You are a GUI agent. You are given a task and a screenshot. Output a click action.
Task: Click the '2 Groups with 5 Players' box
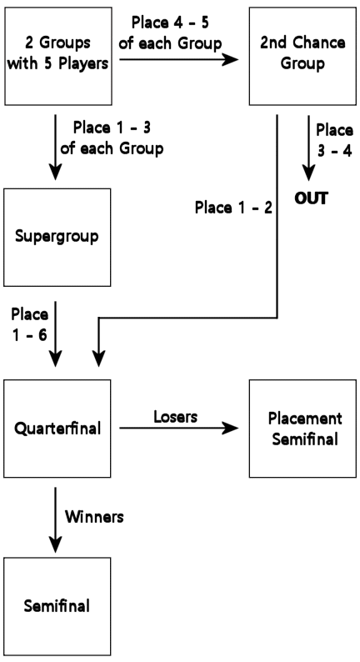click(58, 56)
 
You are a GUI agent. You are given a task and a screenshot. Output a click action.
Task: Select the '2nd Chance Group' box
click(302, 56)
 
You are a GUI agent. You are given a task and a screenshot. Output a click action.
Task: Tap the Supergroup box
click(57, 238)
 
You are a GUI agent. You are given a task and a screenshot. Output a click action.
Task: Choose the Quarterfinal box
click(57, 429)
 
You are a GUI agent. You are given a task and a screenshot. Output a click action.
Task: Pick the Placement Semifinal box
click(302, 429)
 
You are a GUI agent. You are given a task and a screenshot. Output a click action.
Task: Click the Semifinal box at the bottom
click(57, 607)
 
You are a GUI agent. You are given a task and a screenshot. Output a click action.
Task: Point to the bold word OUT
click(311, 198)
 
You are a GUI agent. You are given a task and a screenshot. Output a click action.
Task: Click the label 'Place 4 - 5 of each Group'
click(170, 33)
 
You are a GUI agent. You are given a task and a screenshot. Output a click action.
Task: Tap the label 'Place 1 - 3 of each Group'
click(112, 138)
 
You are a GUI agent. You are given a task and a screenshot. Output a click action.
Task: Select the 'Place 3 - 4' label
click(335, 141)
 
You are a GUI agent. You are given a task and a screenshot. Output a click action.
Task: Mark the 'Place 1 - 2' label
click(233, 208)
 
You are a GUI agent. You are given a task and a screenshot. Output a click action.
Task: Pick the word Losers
click(175, 417)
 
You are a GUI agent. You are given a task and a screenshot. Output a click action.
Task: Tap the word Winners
click(94, 517)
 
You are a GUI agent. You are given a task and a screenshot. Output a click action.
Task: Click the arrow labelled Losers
click(179, 429)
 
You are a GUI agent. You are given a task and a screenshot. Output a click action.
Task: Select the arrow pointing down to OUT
click(309, 148)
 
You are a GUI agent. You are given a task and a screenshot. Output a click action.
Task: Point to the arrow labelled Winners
click(55, 519)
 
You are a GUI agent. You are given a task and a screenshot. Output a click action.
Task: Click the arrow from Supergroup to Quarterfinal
click(55, 334)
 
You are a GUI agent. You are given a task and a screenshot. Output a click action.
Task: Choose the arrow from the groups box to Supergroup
click(55, 148)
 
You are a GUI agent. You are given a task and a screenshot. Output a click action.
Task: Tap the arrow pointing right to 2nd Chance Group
click(179, 59)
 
